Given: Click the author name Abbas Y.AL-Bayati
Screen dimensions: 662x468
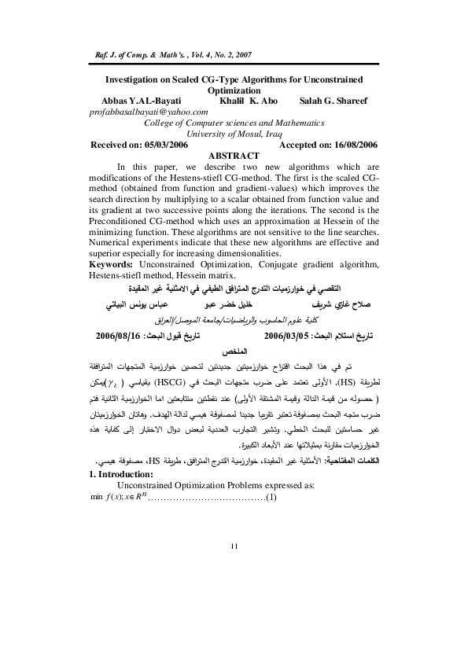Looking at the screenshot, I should [149, 101].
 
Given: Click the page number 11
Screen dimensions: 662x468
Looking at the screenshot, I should [234, 611].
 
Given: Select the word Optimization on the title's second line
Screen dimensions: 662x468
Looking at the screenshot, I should [234, 90].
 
